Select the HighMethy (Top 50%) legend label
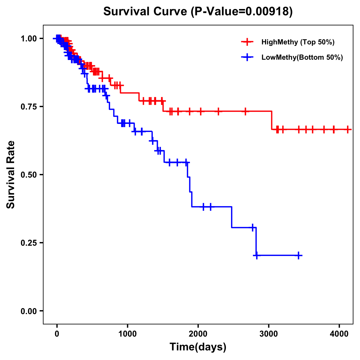[x=298, y=42]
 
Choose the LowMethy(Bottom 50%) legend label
[x=302, y=57]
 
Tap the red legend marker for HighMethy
[x=247, y=42]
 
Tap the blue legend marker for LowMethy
[x=247, y=57]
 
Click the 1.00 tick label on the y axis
[x=28, y=38]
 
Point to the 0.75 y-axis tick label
[x=28, y=106]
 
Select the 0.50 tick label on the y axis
[x=28, y=175]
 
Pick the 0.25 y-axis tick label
[x=28, y=243]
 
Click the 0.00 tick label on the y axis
[x=28, y=311]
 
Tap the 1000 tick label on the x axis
[x=127, y=333]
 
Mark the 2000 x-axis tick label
[x=198, y=333]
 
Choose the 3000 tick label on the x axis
[x=269, y=333]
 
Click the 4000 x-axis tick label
[x=339, y=333]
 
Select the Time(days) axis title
[x=198, y=347]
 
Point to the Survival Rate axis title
[x=11, y=175]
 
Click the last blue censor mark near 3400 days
[x=298, y=256]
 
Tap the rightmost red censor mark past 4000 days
[x=348, y=130]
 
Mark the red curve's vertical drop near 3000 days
[x=271, y=120]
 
